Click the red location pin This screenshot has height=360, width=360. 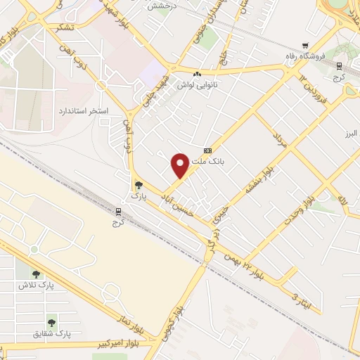[x=180, y=165]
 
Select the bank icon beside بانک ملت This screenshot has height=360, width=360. [x=207, y=150]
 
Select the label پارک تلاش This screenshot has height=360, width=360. [x=36, y=285]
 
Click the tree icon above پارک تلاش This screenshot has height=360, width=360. [x=36, y=274]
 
